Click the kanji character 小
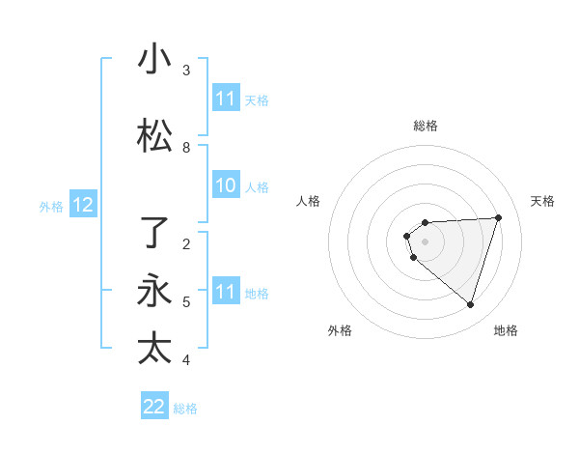pos(154,59)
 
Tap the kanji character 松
pos(154,136)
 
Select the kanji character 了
pos(154,233)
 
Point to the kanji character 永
pos(154,291)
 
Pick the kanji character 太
pos(154,349)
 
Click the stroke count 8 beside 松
pos(186,148)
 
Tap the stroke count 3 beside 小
pos(186,71)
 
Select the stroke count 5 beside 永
pos(186,302)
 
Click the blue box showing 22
pos(154,407)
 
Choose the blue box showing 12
pos(82,205)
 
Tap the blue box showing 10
pos(226,185)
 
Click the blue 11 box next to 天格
pos(226,99)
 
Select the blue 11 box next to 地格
pos(226,292)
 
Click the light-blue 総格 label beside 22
pos(185,409)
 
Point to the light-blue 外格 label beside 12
pos(51,206)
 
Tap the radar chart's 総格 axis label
pos(425,126)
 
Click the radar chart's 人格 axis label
pos(308,201)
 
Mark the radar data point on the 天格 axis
pos(499,217)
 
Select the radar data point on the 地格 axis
pos(470,304)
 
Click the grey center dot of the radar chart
pos(425,241)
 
